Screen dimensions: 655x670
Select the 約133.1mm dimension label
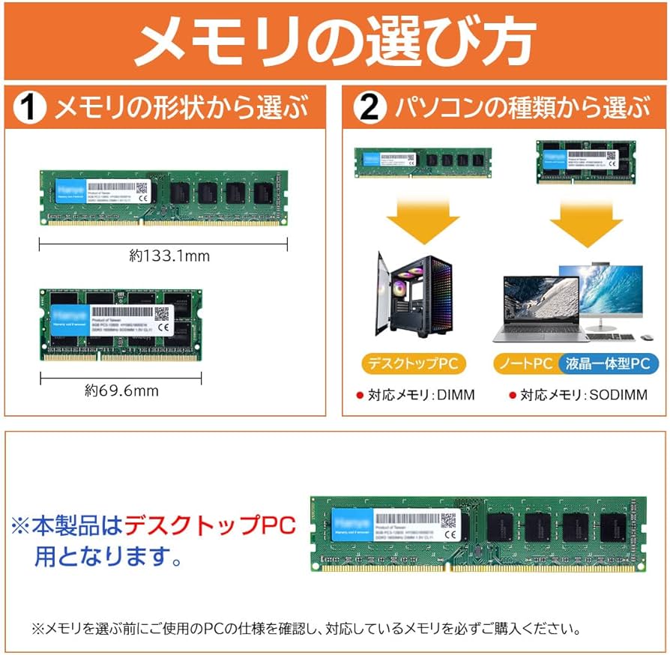click(x=169, y=256)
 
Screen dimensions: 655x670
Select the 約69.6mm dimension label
click(x=121, y=390)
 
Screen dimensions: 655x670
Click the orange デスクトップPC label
click(x=413, y=363)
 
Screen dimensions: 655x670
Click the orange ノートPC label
click(x=525, y=363)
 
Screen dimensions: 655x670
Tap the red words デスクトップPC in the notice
click(x=209, y=525)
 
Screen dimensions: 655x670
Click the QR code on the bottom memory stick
click(x=448, y=519)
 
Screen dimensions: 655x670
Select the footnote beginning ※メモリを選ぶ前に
click(x=305, y=628)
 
